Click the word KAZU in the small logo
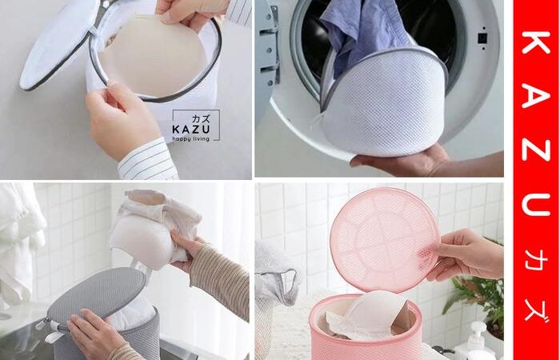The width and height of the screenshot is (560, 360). click(x=190, y=129)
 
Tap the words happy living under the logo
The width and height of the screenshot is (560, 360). click(x=190, y=139)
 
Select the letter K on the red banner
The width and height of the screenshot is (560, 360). click(x=536, y=42)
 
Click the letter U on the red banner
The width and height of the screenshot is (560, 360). click(x=536, y=203)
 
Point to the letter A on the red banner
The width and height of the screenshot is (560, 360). click(x=536, y=94)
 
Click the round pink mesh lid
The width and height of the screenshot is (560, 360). click(x=385, y=238)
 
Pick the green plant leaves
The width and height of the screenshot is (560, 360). click(x=475, y=293)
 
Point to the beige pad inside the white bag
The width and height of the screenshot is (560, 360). click(x=152, y=55)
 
